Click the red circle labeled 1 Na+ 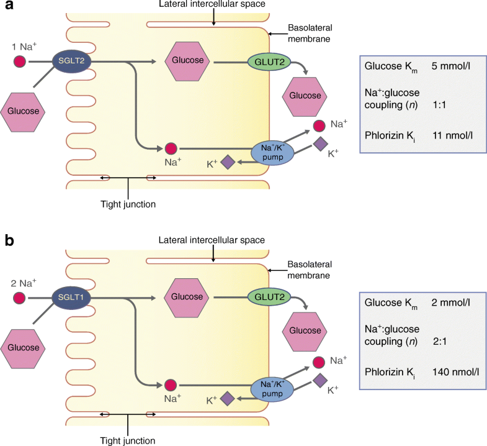(20, 61)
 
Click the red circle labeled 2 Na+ (20, 298)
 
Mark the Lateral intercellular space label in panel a (212, 4)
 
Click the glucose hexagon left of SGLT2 (23, 111)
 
